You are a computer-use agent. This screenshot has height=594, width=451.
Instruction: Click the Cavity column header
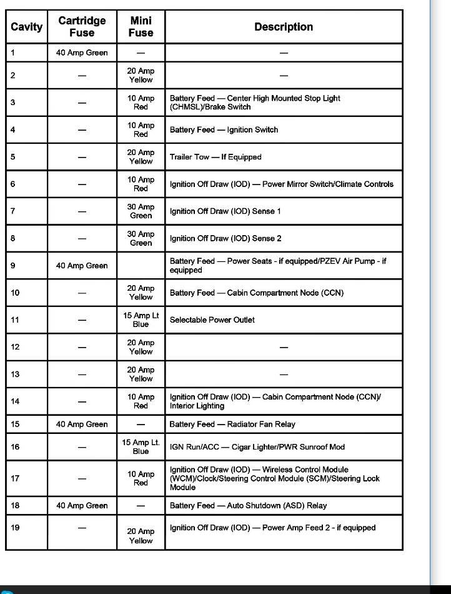click(26, 27)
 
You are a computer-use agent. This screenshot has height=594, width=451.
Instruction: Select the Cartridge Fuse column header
click(82, 27)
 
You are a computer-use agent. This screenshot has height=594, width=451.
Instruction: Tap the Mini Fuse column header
click(141, 27)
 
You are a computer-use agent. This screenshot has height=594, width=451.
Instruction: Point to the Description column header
click(283, 27)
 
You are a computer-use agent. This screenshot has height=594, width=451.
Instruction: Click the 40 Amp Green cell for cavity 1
click(82, 53)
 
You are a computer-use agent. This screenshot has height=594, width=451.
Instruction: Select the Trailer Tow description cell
click(216, 157)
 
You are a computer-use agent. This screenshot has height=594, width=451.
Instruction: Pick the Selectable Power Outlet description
click(212, 320)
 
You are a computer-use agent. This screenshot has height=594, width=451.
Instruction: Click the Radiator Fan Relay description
click(232, 424)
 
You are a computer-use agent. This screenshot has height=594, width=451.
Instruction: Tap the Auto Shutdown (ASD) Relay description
click(248, 505)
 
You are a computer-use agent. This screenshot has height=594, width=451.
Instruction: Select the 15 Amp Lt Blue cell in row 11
click(141, 320)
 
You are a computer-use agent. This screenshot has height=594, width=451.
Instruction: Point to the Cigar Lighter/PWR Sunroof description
click(257, 447)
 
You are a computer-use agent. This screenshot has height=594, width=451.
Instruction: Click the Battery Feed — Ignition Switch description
click(224, 130)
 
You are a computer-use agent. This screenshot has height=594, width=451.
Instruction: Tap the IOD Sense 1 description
click(225, 211)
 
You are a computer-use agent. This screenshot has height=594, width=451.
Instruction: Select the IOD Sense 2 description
click(225, 238)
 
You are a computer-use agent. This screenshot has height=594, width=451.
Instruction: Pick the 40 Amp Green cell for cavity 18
click(82, 505)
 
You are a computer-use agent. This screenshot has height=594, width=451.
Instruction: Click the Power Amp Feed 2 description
click(272, 528)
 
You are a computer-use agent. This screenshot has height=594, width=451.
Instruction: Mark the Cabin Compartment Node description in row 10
click(256, 293)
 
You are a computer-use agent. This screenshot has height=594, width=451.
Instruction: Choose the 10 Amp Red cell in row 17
click(141, 478)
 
